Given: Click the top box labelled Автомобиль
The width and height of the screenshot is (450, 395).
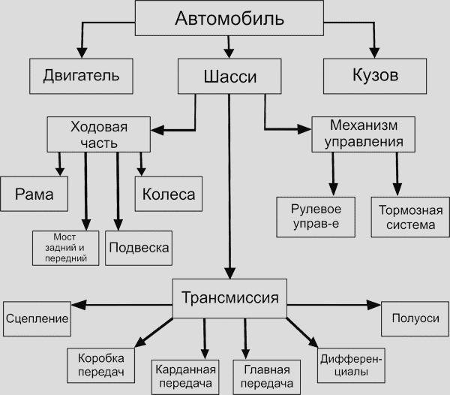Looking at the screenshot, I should pos(219,18).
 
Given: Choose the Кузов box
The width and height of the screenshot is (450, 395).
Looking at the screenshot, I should pos(374,77).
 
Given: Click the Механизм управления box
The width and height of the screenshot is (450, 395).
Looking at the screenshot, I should pos(363,132).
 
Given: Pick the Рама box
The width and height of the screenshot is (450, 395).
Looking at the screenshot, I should pos(34,194).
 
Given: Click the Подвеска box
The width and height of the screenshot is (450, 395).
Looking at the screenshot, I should pos(138,247).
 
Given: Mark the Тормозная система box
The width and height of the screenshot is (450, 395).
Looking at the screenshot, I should pos(407,216).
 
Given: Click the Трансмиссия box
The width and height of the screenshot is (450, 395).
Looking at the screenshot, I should pos(230,297).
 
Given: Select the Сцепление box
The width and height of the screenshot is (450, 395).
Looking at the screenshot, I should pos(37,318).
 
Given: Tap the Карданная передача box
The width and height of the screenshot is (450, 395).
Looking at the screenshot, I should pos(185,375).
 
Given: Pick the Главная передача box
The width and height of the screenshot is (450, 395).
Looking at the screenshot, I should pos(267,376).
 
